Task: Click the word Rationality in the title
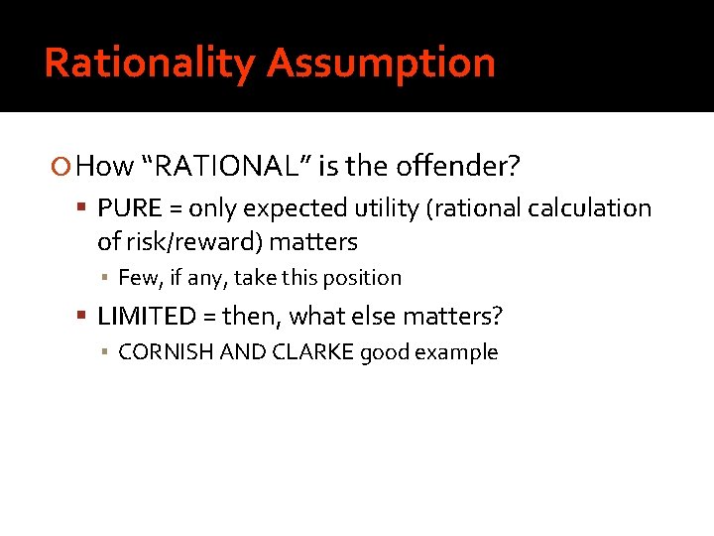[x=149, y=64]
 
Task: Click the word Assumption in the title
[x=381, y=64]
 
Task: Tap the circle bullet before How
[x=64, y=167]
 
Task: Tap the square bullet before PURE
[x=85, y=208]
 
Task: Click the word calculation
[x=589, y=208]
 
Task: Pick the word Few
[x=135, y=278]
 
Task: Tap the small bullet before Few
[x=105, y=279]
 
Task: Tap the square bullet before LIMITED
[x=85, y=318]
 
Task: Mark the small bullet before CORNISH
[x=105, y=353]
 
